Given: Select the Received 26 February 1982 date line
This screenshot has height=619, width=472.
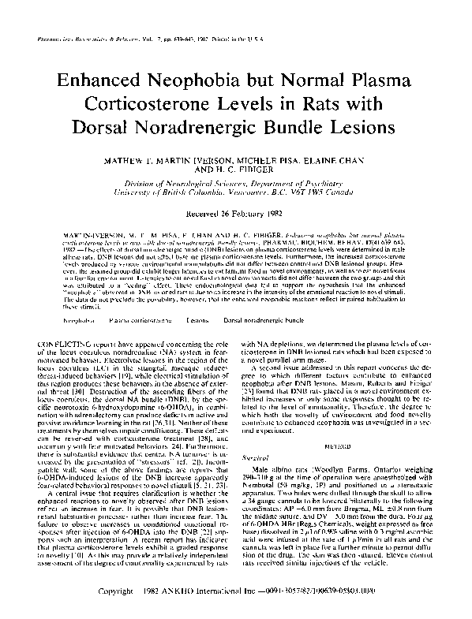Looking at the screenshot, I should [x=235, y=212].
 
